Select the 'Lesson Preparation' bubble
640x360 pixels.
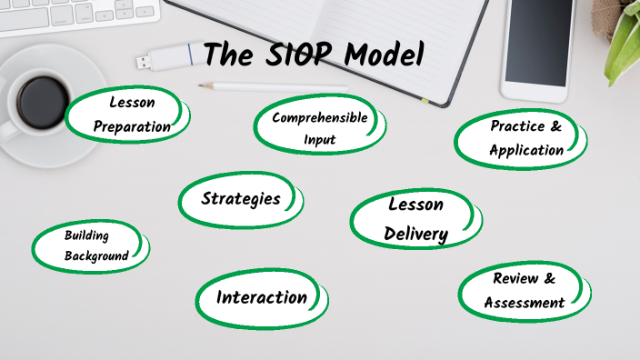133,115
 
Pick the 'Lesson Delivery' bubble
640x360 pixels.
416,219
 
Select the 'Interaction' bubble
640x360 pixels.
262,297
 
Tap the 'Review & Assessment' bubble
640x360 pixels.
524,291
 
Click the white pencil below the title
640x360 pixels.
273,87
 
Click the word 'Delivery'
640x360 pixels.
416,234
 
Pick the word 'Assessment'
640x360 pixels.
525,303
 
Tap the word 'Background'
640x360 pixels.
96,256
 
